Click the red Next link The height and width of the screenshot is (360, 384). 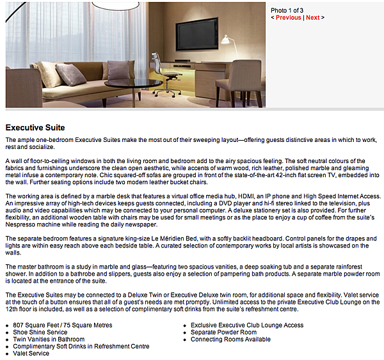312,18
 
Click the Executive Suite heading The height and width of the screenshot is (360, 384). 35,127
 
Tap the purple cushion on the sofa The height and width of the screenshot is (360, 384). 119,69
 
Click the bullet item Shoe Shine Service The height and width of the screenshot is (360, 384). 40,333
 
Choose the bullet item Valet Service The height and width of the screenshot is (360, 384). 31,354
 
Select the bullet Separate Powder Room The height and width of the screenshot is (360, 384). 223,333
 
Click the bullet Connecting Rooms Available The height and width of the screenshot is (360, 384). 230,340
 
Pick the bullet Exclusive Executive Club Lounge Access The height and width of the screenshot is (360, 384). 247,325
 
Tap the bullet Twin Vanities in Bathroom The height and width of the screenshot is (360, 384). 49,340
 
